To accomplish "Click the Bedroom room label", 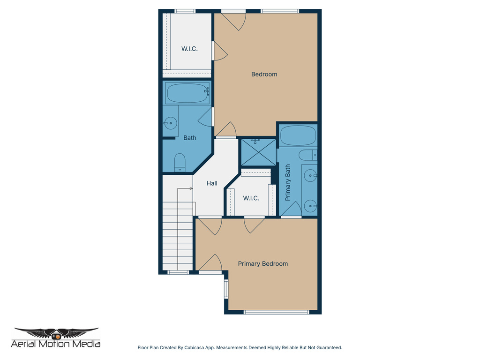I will (x=264, y=74).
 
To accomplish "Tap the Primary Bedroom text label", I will (x=262, y=263).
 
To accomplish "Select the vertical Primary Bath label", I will (x=288, y=182).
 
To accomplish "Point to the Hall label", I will (x=212, y=183).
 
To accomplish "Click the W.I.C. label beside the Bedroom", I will (x=189, y=49).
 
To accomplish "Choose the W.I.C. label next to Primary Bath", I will (x=251, y=198).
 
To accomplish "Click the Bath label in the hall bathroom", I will (x=190, y=138).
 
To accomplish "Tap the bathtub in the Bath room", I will (x=187, y=93).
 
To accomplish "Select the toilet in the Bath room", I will (x=180, y=162).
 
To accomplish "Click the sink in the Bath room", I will (x=170, y=123).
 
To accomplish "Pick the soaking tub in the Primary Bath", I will (x=298, y=135).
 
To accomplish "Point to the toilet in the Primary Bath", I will (x=308, y=155).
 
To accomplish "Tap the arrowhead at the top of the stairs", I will (x=191, y=188).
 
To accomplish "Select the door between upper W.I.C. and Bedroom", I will (x=219, y=51).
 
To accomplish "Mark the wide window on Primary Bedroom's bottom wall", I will (x=277, y=312).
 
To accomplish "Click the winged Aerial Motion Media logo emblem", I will (x=56, y=333).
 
